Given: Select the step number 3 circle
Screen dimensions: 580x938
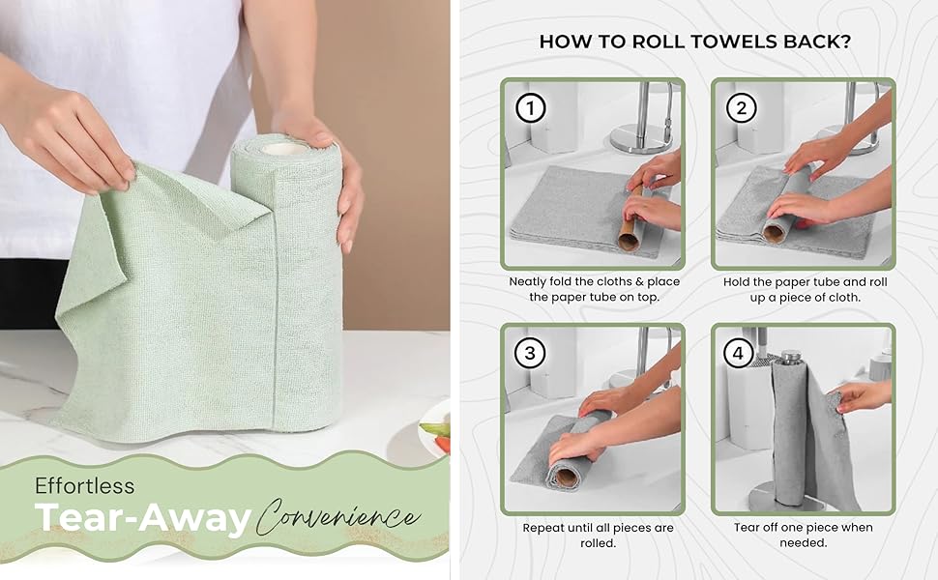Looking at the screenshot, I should (x=529, y=353).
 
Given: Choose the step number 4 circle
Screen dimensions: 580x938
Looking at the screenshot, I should (x=741, y=353).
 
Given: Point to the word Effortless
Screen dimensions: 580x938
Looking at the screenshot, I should (x=85, y=485).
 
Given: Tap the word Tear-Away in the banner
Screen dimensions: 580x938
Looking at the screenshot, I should (x=143, y=519).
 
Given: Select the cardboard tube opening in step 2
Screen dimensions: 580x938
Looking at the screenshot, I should (x=774, y=233).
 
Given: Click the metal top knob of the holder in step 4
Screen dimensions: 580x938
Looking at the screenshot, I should (x=792, y=357).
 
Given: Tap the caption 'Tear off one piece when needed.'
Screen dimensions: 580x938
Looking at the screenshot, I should (x=803, y=535).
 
